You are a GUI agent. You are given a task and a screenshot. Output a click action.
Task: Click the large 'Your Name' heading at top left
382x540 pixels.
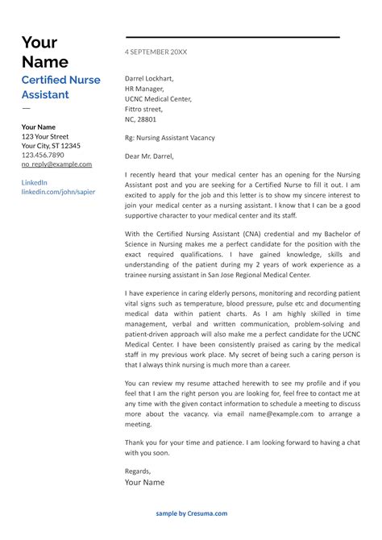click(x=44, y=52)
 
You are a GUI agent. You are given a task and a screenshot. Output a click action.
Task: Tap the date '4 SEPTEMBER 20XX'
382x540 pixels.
click(x=156, y=52)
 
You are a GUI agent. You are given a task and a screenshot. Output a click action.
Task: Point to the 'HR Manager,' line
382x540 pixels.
click(x=145, y=89)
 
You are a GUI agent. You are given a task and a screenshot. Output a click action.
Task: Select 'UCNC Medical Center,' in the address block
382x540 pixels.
click(x=158, y=98)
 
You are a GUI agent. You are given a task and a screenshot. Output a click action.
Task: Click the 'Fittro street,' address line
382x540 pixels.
click(x=143, y=109)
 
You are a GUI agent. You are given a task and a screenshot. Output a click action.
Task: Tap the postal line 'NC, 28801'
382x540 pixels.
click(x=140, y=118)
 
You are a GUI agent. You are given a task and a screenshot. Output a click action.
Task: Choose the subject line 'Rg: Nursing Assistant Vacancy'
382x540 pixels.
click(x=170, y=138)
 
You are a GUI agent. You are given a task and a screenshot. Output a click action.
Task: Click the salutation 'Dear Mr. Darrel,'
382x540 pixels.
click(x=149, y=156)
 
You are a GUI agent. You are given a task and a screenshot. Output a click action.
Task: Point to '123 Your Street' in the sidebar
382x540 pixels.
click(x=45, y=137)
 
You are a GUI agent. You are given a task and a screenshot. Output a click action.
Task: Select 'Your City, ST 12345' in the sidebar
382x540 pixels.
click(x=51, y=146)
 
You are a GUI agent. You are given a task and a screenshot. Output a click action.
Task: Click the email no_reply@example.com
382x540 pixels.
click(x=56, y=164)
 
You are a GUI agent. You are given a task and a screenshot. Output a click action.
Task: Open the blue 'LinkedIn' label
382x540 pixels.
click(x=34, y=183)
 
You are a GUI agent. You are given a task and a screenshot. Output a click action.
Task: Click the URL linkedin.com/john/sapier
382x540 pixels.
click(x=57, y=192)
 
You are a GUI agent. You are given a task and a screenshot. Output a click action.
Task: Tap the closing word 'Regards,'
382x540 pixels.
click(x=138, y=470)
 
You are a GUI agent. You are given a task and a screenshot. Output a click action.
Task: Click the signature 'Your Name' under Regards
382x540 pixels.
click(x=144, y=482)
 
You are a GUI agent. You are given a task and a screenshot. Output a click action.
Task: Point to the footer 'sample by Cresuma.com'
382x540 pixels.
click(x=192, y=513)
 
